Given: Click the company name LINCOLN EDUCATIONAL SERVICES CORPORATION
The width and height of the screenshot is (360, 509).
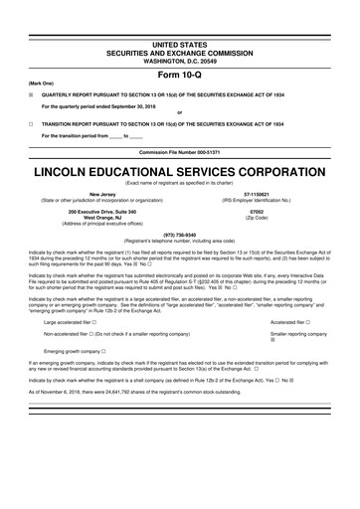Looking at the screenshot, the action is [179, 172].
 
